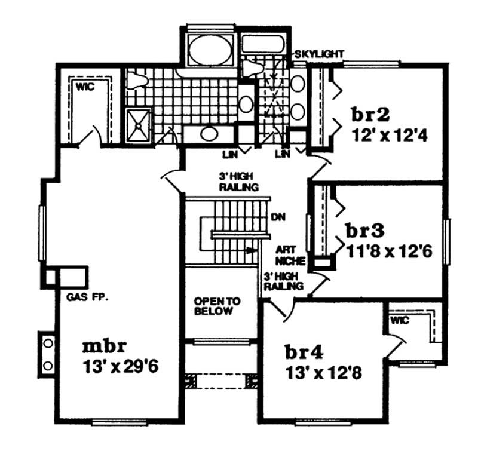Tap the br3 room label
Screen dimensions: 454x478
(364, 231)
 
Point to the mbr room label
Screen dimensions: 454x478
(104, 346)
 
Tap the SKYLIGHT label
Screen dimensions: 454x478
(318, 54)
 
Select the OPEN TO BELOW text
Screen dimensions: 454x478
(216, 306)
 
